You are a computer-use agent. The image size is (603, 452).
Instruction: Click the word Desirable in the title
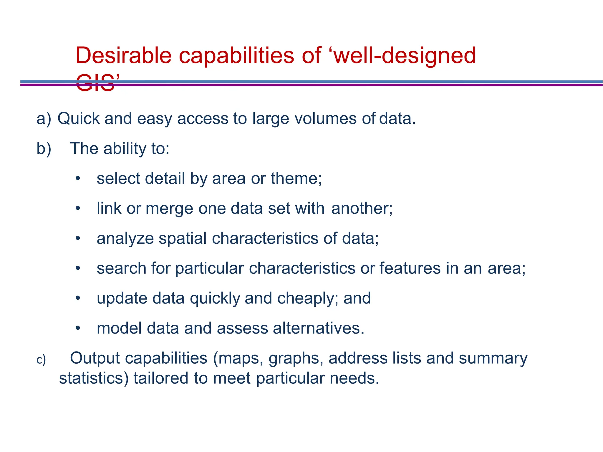123,55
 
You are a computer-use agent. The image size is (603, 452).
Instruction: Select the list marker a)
44,119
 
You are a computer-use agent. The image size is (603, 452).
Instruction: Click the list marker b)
44,149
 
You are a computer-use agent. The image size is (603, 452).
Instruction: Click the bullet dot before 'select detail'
77,179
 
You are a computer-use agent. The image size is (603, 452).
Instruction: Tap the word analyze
125,239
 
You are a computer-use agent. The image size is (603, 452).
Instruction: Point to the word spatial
183,238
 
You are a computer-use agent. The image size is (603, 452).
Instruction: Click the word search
121,268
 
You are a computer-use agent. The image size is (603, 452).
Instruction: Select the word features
410,268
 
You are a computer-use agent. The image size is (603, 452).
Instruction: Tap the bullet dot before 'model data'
77,328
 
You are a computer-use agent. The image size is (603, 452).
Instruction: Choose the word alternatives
316,328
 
